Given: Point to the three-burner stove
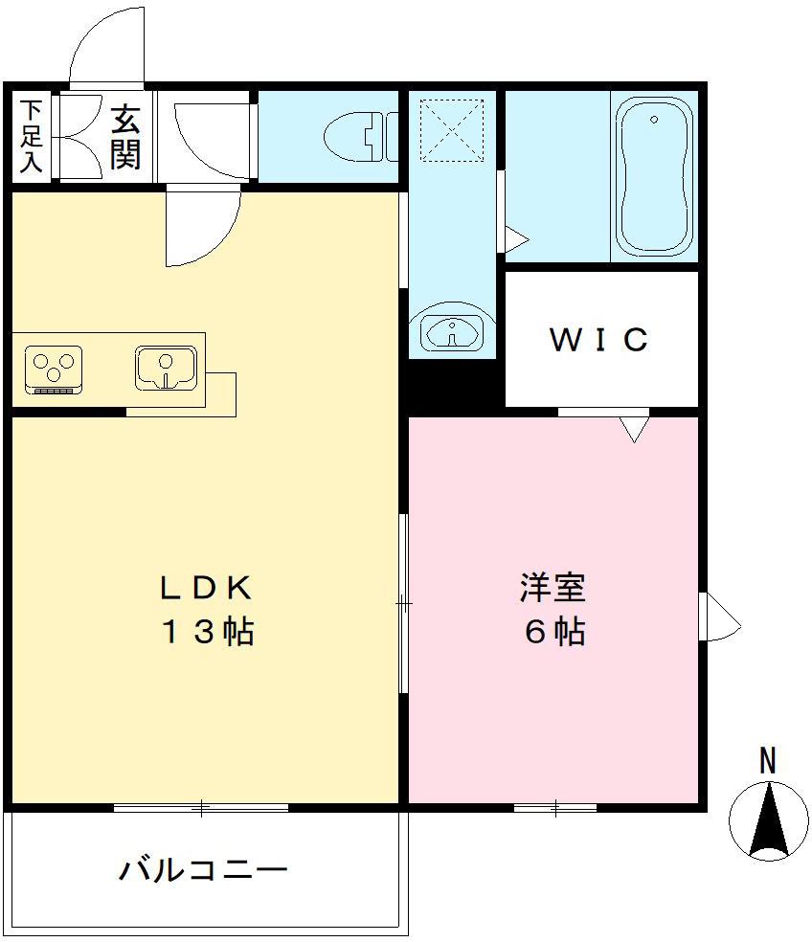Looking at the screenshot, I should coord(54,369).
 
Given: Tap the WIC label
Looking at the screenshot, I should coord(599,339).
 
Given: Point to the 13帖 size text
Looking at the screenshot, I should coord(207,632).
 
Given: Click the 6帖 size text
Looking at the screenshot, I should coord(553,632).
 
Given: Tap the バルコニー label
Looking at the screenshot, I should coord(203,870).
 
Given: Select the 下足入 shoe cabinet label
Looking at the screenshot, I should coord(31,136).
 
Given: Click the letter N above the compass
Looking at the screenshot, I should coord(767,761).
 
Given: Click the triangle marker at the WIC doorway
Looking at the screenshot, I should coord(633,429).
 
